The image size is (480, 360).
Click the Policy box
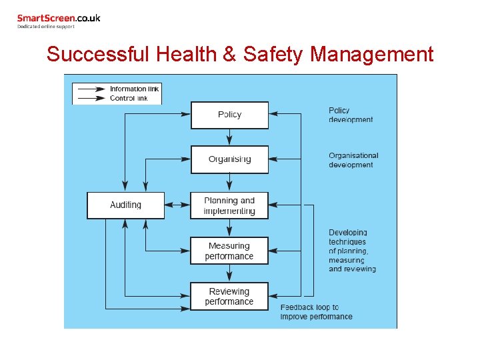(229, 115)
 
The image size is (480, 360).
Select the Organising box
(229, 159)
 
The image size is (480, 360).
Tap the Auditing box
(125, 205)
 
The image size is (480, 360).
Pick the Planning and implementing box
(229, 205)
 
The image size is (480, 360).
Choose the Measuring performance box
(229, 251)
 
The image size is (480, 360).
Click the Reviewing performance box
(229, 296)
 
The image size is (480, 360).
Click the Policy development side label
(351, 115)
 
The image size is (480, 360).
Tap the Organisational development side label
(353, 160)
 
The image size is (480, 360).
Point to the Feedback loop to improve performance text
(316, 312)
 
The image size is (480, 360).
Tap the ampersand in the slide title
(229, 54)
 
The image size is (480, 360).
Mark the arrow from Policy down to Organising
(229, 137)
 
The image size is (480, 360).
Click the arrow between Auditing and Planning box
(177, 205)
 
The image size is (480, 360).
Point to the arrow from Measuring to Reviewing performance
(229, 273)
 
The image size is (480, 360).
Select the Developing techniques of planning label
(352, 251)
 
